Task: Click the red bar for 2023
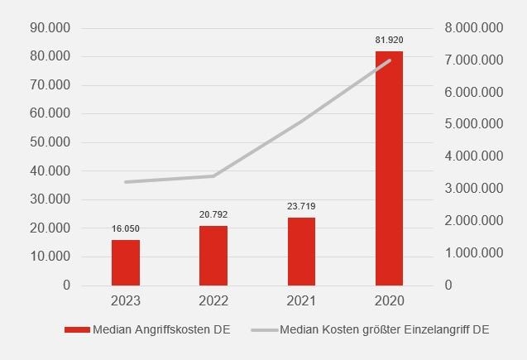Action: tap(126, 262)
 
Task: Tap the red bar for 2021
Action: tap(301, 252)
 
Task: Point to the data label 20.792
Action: tap(213, 214)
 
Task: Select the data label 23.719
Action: tap(301, 206)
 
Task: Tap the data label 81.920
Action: tap(389, 40)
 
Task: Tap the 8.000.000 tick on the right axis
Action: tap(474, 28)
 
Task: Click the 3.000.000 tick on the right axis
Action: tap(474, 189)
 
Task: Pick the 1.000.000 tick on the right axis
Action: tap(474, 253)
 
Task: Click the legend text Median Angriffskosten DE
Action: tap(162, 329)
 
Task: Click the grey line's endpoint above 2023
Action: tap(126, 182)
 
